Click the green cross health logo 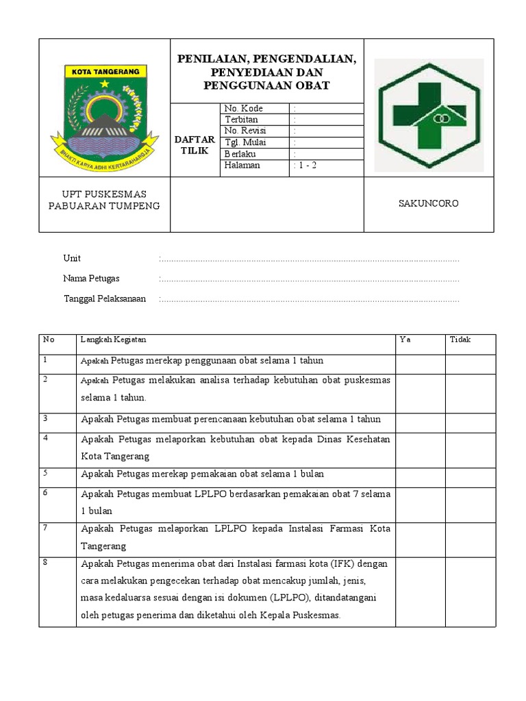pos(428,113)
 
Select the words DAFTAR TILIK pos(195,145)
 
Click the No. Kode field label pos(243,108)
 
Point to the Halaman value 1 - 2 pos(305,166)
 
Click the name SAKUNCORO pos(429,203)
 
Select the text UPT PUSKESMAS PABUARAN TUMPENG pos(104,201)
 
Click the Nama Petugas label pos(91,279)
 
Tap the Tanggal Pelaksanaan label pos(104,299)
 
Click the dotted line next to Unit pos(308,259)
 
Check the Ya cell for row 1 pos(420,364)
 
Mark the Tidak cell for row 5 pos(470,477)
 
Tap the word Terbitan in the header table pos(241,120)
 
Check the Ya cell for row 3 pos(420,422)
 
